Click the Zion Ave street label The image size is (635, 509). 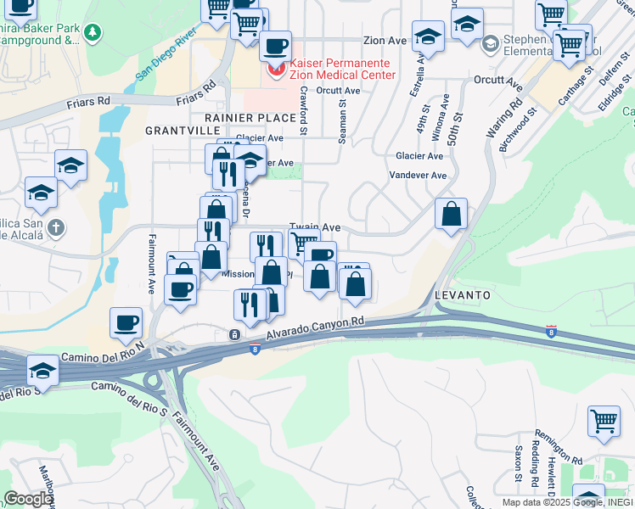[x=385, y=40]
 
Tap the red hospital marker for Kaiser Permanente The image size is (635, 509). [x=274, y=69]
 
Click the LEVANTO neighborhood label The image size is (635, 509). [x=463, y=294]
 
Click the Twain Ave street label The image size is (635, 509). [x=315, y=227]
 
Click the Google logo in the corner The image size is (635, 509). [x=27, y=499]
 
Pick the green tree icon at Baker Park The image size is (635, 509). [x=92, y=34]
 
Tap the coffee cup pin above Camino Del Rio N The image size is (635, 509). [x=126, y=323]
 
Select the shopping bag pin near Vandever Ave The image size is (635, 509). [x=451, y=214]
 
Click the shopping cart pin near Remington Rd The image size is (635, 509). [x=603, y=421]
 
